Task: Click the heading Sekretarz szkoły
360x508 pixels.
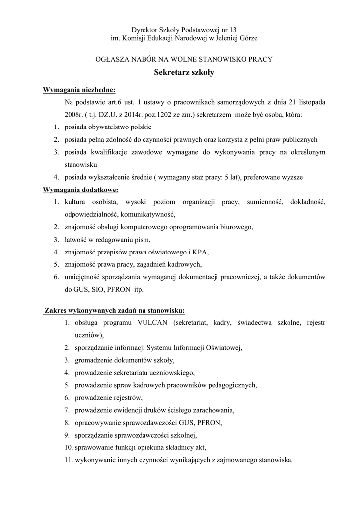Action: click(184, 72)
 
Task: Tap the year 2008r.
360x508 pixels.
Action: click(73, 115)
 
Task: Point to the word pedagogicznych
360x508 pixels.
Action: click(231, 385)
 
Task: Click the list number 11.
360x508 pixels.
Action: click(69, 459)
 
